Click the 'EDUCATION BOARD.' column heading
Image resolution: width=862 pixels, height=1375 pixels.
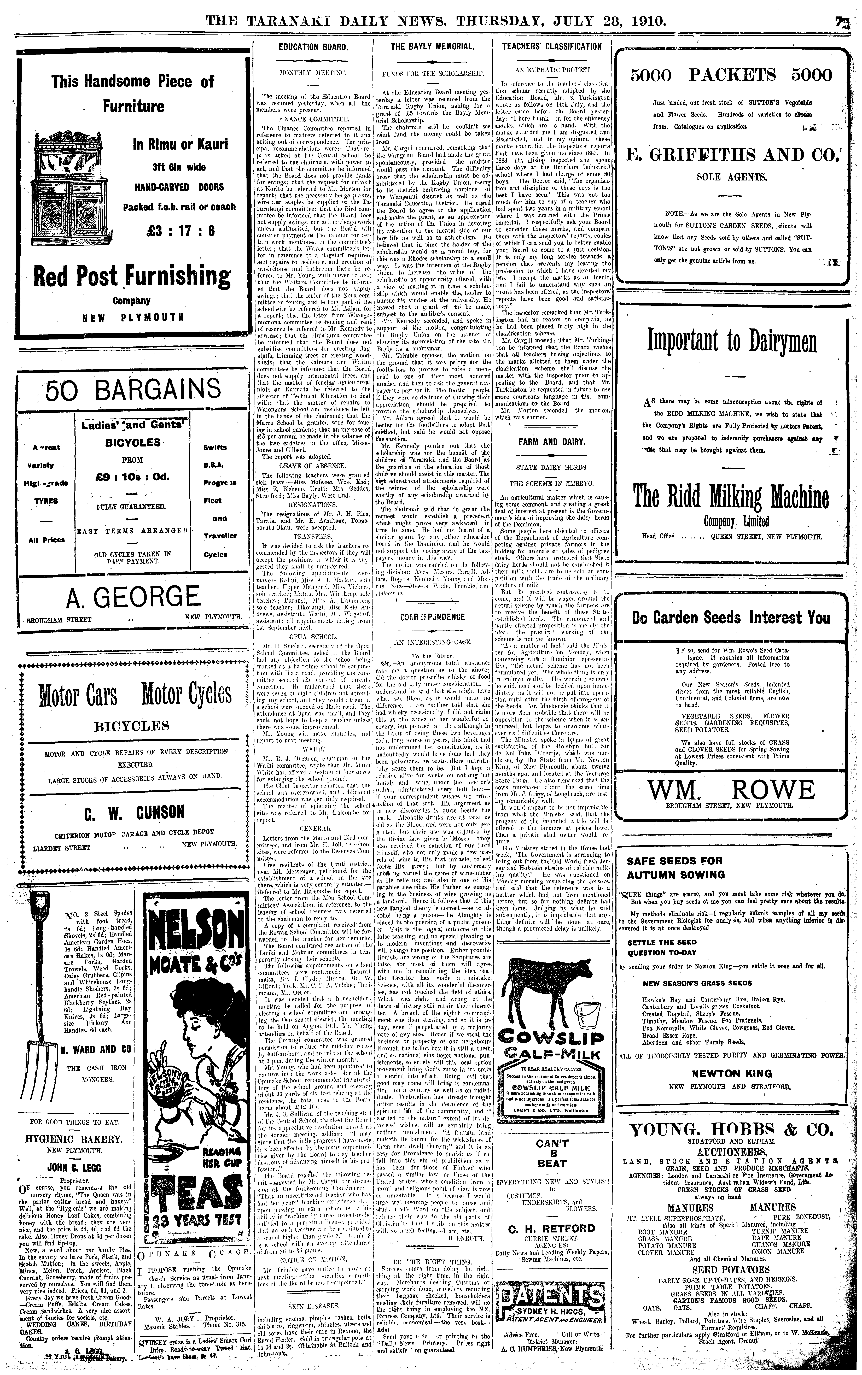tap(313, 47)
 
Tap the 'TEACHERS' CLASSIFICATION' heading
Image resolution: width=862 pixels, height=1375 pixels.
tap(551, 47)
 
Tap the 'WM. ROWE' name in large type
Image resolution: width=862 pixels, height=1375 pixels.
tap(731, 790)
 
